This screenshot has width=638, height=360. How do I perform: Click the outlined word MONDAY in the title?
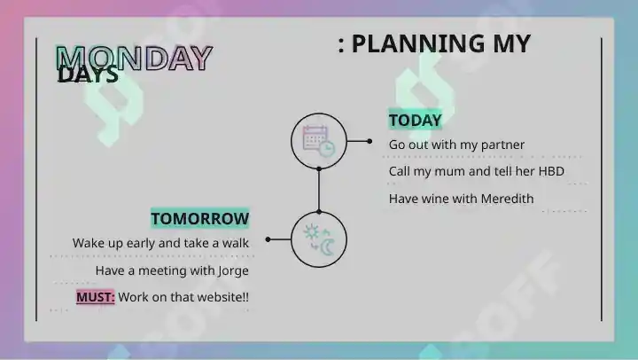[135, 58]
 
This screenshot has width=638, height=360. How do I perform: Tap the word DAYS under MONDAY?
[88, 75]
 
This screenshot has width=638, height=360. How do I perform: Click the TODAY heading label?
[415, 120]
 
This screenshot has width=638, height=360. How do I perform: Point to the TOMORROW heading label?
[199, 219]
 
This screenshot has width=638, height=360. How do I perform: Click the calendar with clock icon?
[319, 141]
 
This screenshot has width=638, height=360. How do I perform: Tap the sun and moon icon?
[319, 240]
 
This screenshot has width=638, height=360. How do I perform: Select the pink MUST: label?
[96, 297]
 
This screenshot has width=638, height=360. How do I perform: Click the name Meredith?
[507, 199]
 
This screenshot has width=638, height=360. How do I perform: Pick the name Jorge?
[233, 270]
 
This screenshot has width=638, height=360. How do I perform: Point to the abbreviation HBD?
[551, 171]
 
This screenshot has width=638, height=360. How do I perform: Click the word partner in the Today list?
[502, 145]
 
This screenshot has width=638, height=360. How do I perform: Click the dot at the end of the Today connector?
[370, 141]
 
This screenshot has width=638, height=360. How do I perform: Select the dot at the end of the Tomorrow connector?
[268, 239]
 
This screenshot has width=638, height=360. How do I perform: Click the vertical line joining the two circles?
[319, 191]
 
